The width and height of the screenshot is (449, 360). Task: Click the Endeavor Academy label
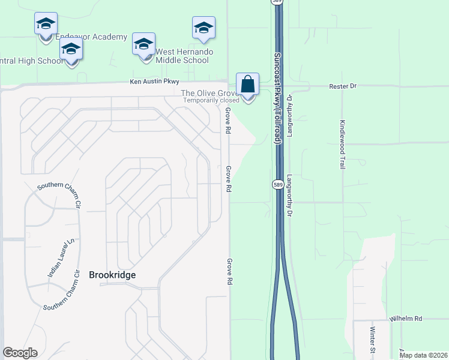(x=92, y=37)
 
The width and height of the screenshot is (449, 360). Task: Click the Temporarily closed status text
(x=211, y=100)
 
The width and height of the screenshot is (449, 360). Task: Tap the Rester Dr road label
(x=343, y=86)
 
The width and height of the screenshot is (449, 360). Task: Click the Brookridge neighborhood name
(x=112, y=275)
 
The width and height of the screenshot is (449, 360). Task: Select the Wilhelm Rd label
(x=405, y=319)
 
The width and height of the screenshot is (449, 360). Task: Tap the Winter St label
(x=372, y=339)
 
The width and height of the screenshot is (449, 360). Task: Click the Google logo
(x=20, y=353)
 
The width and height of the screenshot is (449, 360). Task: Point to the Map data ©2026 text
(x=423, y=355)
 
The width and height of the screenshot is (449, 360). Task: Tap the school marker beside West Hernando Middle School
(x=143, y=45)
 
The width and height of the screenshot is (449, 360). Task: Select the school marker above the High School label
(x=71, y=50)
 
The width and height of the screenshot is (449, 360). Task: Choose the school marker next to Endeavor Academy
(x=46, y=25)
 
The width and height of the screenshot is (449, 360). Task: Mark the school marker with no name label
(x=203, y=28)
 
